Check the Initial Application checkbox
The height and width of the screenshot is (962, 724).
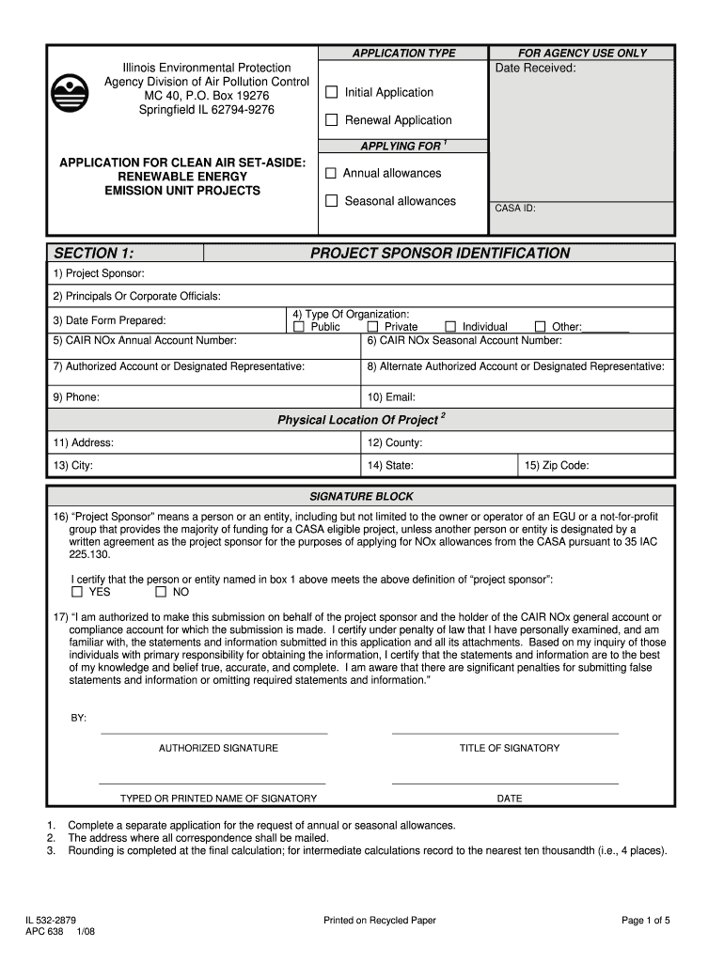[331, 92]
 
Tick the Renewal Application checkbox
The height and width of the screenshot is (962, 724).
[331, 120]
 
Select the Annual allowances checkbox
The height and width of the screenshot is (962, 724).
[331, 174]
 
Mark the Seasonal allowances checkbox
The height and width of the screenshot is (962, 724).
[331, 201]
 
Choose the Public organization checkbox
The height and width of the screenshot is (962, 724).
[299, 327]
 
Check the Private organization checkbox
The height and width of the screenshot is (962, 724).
[372, 327]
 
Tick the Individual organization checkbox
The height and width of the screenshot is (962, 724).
[449, 327]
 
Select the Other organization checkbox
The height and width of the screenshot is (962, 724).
[540, 327]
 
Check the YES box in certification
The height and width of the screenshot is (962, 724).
[77, 593]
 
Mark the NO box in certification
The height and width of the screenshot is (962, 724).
[161, 593]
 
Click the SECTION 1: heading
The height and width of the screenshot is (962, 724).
[93, 253]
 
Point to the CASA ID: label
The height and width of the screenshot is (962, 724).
[515, 209]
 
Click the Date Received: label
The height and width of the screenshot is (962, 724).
[535, 68]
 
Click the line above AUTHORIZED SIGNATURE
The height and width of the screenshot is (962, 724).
[214, 733]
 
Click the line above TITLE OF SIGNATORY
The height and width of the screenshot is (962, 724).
[505, 733]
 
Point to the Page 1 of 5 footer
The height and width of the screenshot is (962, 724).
[645, 921]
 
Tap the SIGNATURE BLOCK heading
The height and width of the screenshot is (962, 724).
[361, 496]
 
